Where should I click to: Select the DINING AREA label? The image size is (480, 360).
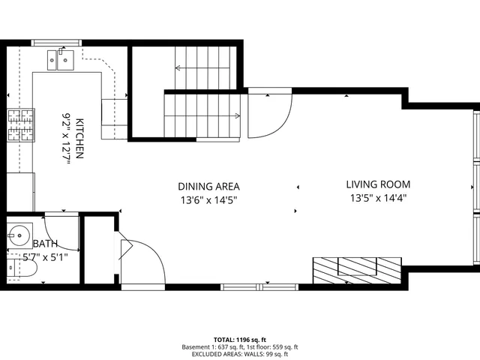208,186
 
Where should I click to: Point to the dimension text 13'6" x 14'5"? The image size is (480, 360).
208,199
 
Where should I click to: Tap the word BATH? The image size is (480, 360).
44,244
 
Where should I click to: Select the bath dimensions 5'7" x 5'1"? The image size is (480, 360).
45,256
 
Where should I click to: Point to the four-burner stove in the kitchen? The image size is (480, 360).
21,125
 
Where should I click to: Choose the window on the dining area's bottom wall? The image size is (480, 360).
259,286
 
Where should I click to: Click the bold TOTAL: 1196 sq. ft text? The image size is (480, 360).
239,340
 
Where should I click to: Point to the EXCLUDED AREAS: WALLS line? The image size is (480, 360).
239,354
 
